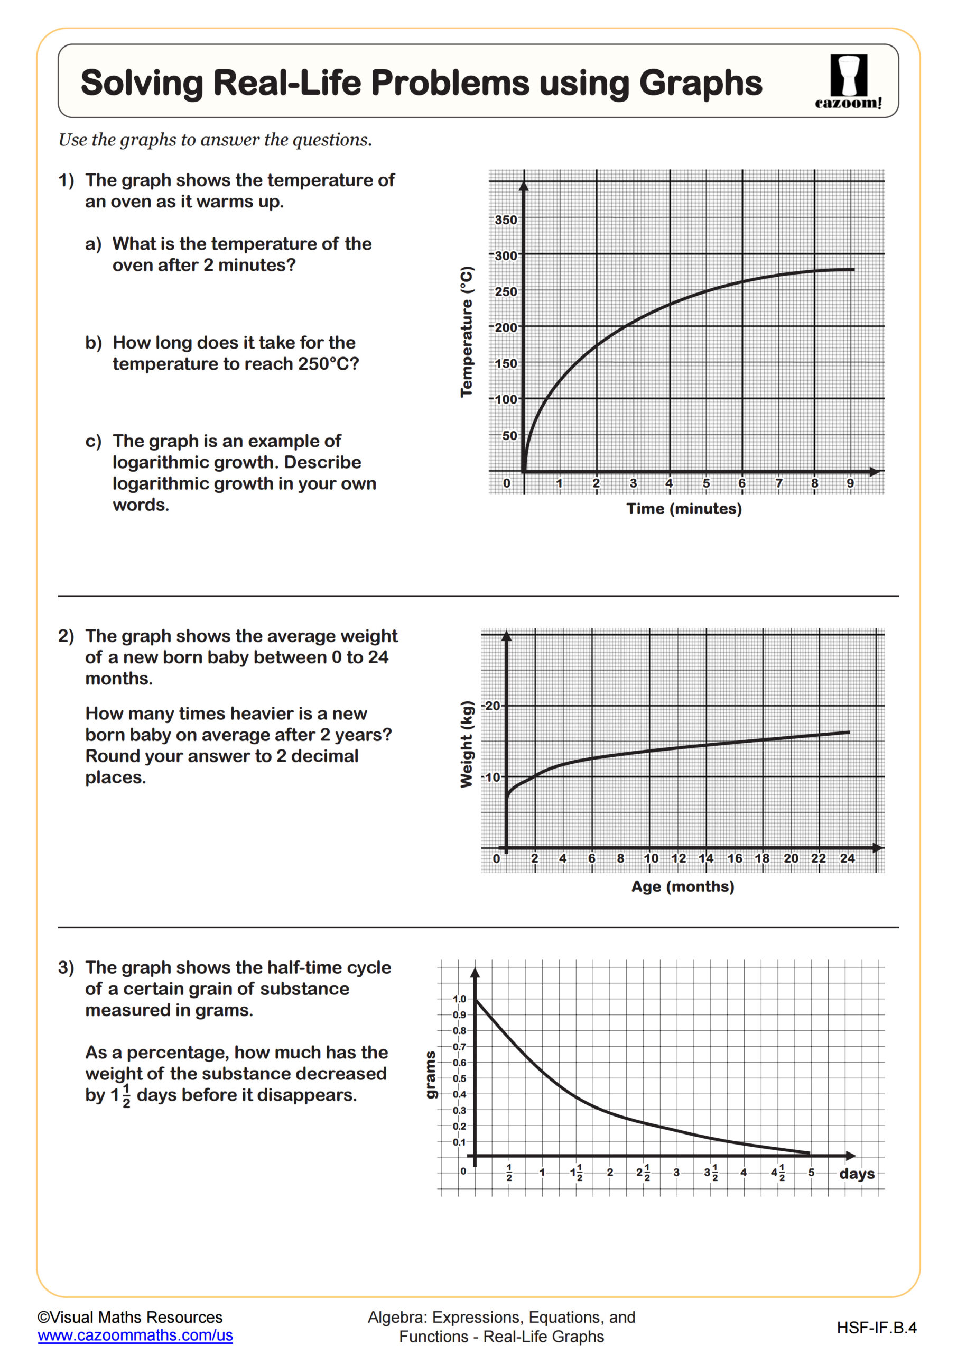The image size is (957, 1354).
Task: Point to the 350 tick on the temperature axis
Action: (506, 220)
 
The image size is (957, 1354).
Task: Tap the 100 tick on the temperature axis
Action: (506, 400)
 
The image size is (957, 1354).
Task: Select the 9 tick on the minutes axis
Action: (850, 483)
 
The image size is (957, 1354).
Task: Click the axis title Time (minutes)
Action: (684, 508)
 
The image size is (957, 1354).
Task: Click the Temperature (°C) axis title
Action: (467, 332)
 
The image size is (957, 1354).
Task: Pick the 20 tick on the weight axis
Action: (492, 706)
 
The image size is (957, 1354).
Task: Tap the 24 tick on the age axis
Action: (847, 858)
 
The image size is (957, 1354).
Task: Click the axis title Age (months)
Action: (682, 886)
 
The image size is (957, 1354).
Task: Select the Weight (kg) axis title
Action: (467, 744)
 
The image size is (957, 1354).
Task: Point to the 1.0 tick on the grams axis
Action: (459, 999)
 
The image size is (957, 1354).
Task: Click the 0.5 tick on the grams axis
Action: (459, 1078)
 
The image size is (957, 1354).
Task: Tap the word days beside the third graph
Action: (856, 1174)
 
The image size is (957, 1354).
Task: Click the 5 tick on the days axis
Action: (811, 1173)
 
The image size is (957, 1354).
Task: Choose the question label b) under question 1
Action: (93, 343)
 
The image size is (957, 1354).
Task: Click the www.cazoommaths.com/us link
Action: (135, 1335)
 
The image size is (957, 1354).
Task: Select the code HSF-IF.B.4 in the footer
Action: (876, 1328)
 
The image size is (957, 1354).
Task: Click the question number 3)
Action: (66, 968)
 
